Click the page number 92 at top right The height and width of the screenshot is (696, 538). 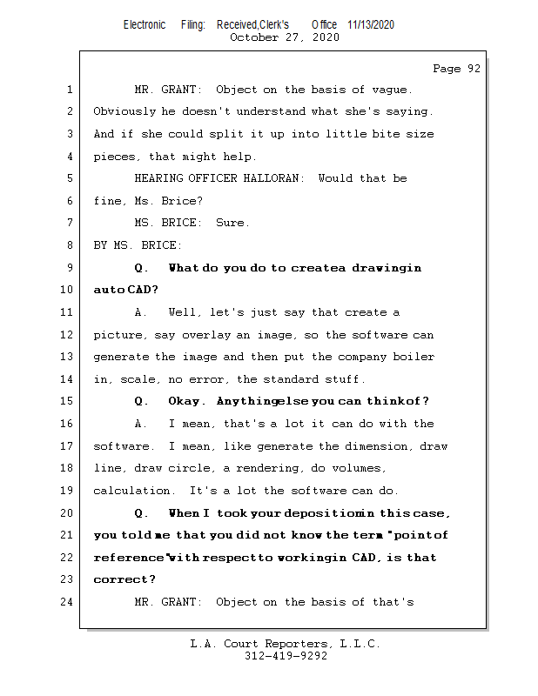(473, 69)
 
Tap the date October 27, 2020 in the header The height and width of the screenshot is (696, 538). (284, 37)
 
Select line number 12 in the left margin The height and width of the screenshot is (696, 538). (69, 335)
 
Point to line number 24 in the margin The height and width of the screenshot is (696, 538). (69, 601)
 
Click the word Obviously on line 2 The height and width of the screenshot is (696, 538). (124, 111)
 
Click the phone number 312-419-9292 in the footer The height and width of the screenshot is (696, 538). (286, 656)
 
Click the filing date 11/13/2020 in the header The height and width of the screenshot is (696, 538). (370, 24)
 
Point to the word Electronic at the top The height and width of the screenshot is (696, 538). (145, 24)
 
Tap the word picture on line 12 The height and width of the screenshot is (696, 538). (118, 335)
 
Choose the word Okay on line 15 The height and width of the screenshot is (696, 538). (185, 401)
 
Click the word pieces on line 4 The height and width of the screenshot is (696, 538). (114, 157)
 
